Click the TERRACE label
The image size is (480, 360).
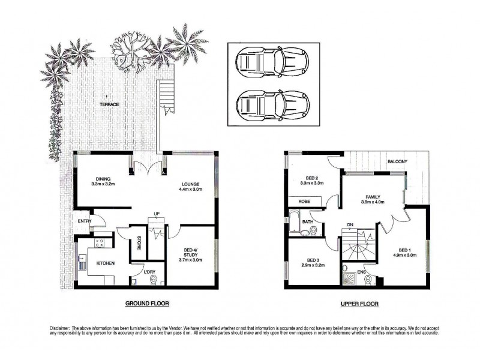click(x=109, y=104)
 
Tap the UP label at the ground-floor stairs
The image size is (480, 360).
click(x=157, y=214)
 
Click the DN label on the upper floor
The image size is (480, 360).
click(x=350, y=226)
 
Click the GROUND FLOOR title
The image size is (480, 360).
click(x=147, y=304)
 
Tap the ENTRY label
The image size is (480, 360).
click(x=85, y=221)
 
